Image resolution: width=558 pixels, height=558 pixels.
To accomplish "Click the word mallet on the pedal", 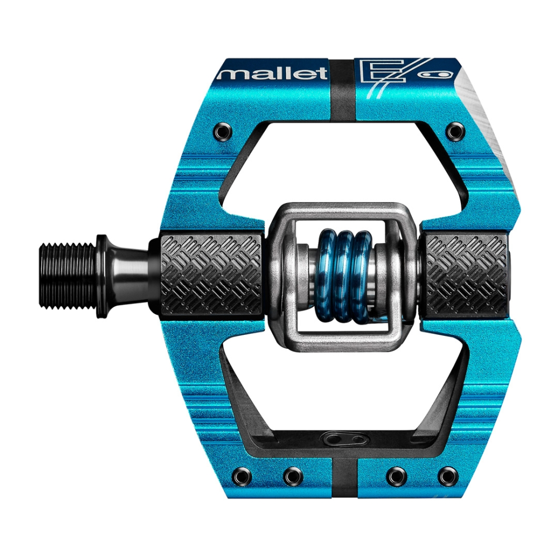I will pos(272,73).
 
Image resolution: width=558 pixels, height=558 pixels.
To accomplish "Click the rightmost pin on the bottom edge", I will pos(446,476).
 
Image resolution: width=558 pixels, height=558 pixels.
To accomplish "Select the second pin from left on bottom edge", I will pos(293,476).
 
